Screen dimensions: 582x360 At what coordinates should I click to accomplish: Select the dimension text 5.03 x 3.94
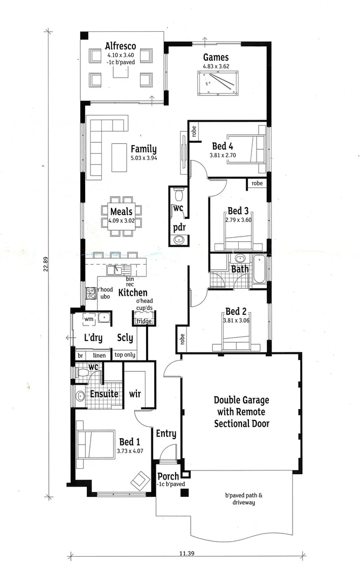tap(143, 158)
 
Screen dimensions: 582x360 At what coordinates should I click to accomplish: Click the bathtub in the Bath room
tap(259, 270)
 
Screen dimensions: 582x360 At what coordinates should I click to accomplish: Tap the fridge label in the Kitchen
tap(144, 321)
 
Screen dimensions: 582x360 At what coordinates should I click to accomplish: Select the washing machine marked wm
tap(88, 319)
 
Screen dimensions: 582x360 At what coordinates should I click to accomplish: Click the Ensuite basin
tap(80, 397)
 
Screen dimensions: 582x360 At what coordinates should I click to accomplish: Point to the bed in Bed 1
tap(96, 444)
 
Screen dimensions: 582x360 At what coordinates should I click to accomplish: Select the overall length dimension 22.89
tap(46, 262)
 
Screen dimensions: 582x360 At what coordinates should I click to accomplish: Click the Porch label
tap(168, 476)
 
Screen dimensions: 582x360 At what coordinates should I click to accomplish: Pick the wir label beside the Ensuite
tap(135, 394)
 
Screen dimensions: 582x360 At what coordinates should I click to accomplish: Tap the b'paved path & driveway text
tap(240, 498)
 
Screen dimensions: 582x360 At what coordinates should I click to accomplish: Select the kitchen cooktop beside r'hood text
tap(91, 294)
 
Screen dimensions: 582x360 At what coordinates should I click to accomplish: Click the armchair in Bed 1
tap(140, 479)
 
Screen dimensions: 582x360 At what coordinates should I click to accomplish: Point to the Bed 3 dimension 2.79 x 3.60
tap(238, 219)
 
